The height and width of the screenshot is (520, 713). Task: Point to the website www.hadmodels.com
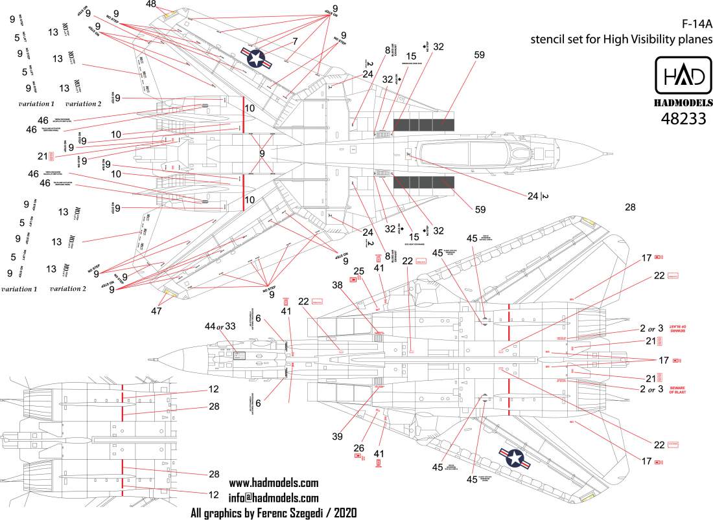[274, 484]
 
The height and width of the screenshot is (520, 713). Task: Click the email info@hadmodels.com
[274, 498]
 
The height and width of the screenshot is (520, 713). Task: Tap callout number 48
[151, 5]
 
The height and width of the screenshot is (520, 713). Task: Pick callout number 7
[295, 41]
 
